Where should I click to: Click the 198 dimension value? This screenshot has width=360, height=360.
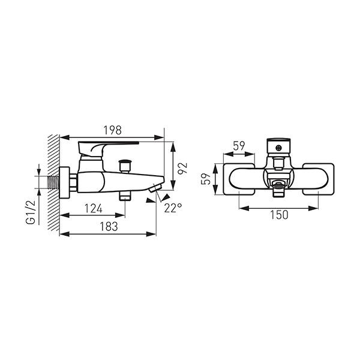(113, 130)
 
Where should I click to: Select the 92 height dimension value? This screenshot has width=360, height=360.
(183, 169)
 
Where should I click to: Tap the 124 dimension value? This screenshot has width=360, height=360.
(94, 209)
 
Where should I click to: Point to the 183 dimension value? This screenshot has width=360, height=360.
(109, 227)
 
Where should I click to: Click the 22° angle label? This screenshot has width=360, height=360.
(173, 208)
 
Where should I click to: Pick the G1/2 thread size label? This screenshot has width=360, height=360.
(31, 212)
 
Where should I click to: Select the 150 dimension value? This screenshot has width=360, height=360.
(279, 215)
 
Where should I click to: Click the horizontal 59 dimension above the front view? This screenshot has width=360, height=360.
(239, 146)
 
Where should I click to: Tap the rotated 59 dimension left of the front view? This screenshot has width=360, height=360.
(206, 179)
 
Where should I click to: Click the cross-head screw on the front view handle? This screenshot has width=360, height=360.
(279, 148)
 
